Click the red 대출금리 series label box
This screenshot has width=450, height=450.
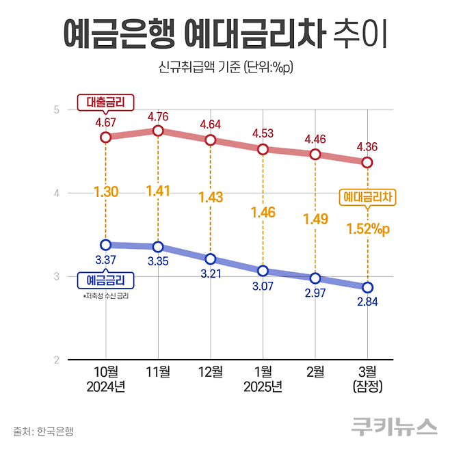coord(106,103)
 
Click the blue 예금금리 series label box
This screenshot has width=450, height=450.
coord(106,280)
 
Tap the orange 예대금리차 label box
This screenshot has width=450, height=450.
coord(369,198)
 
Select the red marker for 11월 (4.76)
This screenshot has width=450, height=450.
coord(158,131)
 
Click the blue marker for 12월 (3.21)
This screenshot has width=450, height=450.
coord(211,259)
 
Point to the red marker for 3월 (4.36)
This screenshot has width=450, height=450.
coord(367,162)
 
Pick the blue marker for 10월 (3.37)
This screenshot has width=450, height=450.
coord(105,245)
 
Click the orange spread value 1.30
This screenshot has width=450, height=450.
coord(106,192)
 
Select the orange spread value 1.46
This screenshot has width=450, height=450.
coord(263,212)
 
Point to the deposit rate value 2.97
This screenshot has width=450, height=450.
coord(315,293)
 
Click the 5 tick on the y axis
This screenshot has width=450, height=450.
coord(57,109)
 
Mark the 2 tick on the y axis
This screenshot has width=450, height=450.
coord(57,360)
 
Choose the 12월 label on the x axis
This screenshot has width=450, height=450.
coord(211,372)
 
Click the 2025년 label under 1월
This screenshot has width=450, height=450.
coord(263,387)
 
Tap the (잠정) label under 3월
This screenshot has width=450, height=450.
coord(367,387)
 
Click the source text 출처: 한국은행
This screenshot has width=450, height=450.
coord(43,431)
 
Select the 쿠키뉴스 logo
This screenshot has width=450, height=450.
coord(394,426)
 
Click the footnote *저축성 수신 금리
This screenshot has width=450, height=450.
coord(105,296)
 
